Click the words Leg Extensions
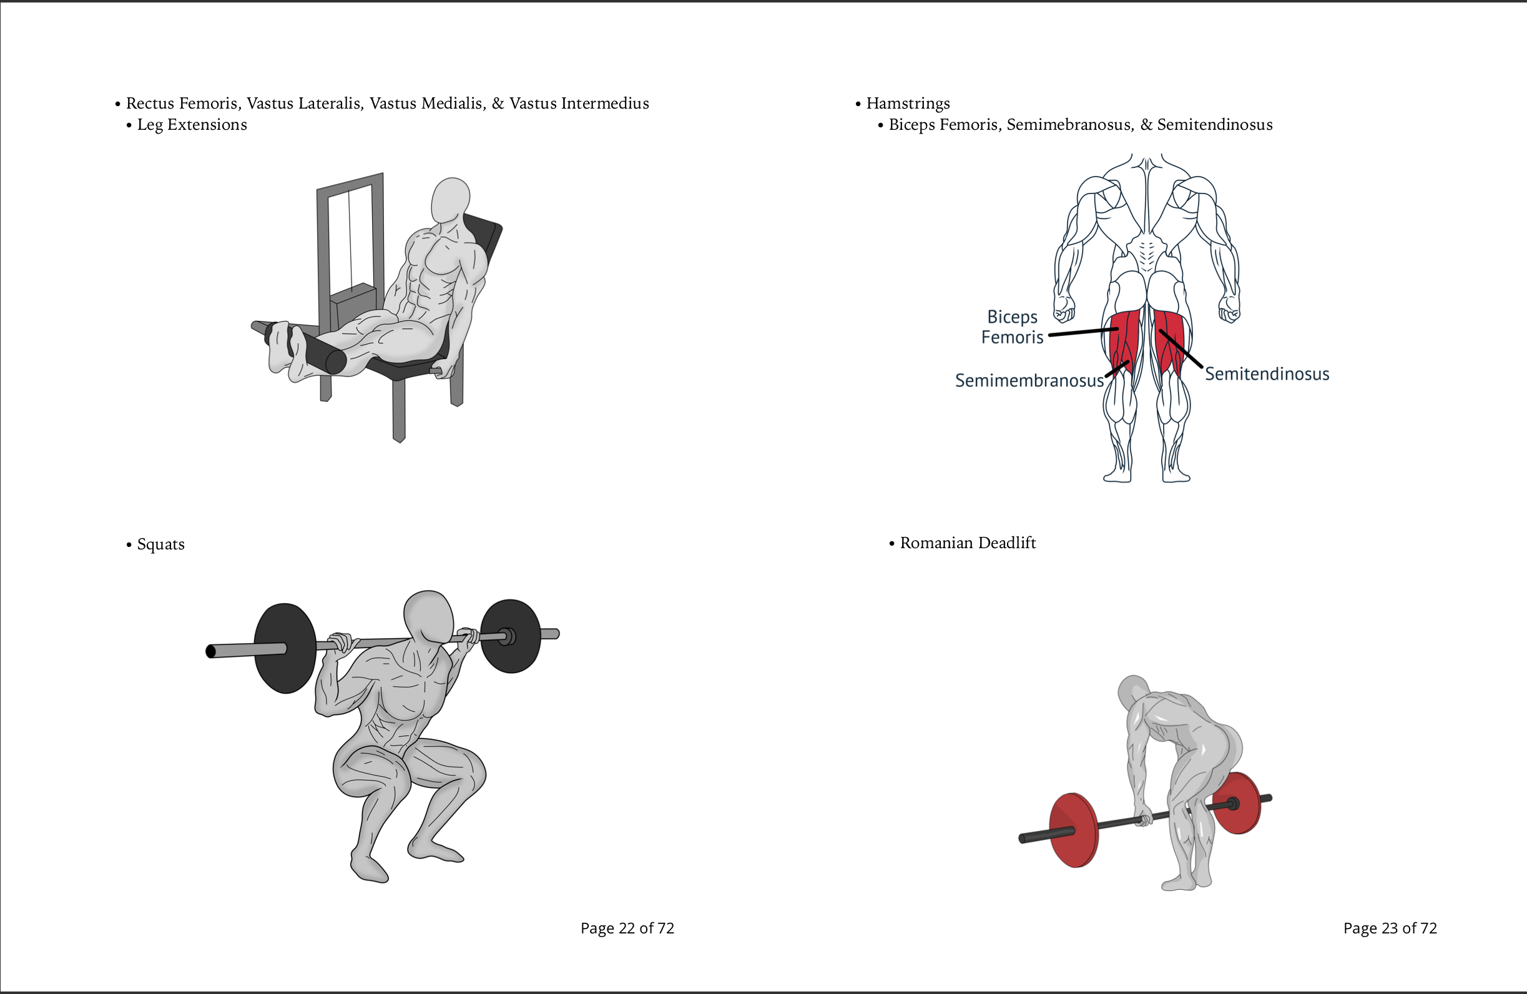coord(192,124)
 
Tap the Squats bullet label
coord(160,544)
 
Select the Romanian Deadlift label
coord(968,543)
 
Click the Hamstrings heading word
coord(908,103)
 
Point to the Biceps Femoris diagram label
coord(1012,327)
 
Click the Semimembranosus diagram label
coord(1028,380)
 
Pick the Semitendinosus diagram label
coord(1267,374)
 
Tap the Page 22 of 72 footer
coord(627,928)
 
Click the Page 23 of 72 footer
coord(1390,928)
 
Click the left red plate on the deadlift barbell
coord(1073,830)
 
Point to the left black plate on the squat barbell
coord(285,648)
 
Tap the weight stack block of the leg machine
coord(353,302)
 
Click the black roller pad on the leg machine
coord(318,350)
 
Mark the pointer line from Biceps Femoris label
coord(1083,332)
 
